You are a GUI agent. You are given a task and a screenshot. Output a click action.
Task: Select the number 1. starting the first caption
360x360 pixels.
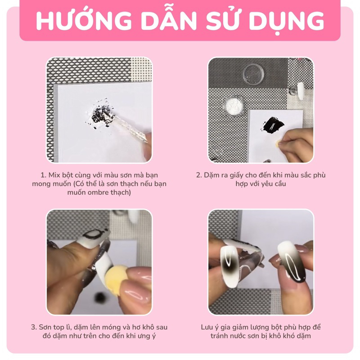pyautogui.click(x=43, y=175)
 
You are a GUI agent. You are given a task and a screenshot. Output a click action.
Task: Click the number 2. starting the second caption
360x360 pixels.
pyautogui.click(x=199, y=175)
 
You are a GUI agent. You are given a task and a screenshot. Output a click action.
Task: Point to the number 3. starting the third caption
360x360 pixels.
pyautogui.click(x=34, y=327)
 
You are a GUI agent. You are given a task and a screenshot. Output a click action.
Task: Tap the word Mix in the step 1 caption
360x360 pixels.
pyautogui.click(x=54, y=175)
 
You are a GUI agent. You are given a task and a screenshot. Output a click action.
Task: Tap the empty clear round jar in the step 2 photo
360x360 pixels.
pyautogui.click(x=253, y=74)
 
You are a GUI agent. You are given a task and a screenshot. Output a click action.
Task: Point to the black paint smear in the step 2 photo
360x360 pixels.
pyautogui.click(x=273, y=126)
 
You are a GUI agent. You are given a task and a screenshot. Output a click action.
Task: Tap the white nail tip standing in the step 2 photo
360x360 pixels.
pyautogui.click(x=300, y=91)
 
